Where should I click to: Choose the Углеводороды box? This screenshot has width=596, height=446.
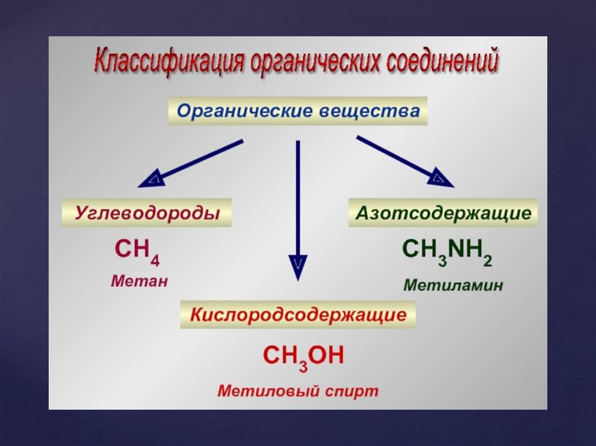click(147, 213)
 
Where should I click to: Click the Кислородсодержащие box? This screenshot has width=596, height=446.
click(298, 315)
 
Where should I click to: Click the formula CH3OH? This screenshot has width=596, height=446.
click(303, 356)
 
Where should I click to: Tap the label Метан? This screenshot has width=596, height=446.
click(139, 281)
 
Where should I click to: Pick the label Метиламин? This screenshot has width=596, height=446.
click(453, 286)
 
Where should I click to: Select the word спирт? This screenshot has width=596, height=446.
click(350, 391)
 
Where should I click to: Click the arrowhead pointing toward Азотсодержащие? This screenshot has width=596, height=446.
click(441, 179)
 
